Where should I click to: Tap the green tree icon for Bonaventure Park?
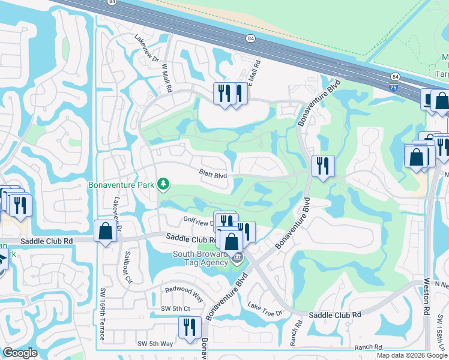[163, 184]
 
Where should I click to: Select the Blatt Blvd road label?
[213, 175]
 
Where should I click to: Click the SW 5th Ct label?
[175, 309]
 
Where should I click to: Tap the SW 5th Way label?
[155, 343]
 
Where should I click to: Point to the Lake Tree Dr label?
[264, 310]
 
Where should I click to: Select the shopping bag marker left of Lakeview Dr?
[105, 231]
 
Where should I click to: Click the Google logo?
[20, 353]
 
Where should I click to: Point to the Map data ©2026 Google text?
[411, 355]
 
